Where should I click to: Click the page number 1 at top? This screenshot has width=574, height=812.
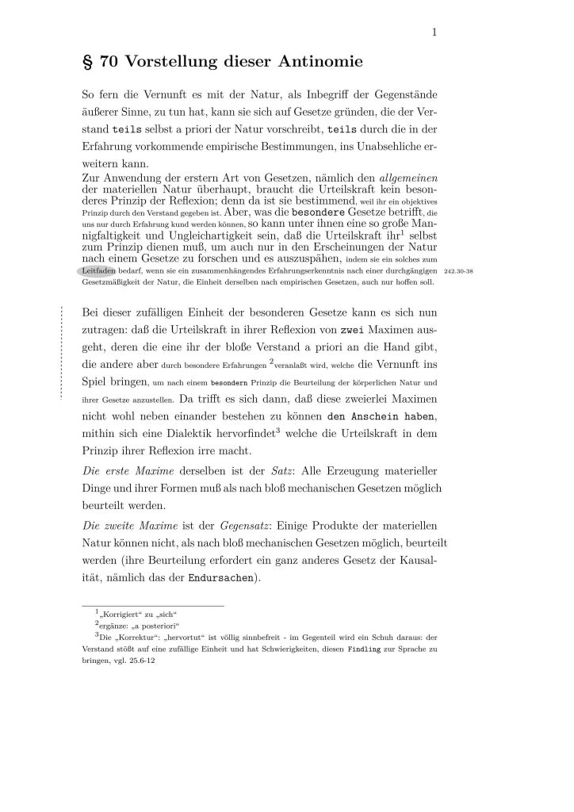[x=435, y=33]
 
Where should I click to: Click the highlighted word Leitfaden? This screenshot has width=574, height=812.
[x=101, y=270]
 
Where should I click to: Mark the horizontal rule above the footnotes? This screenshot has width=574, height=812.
[x=153, y=606]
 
